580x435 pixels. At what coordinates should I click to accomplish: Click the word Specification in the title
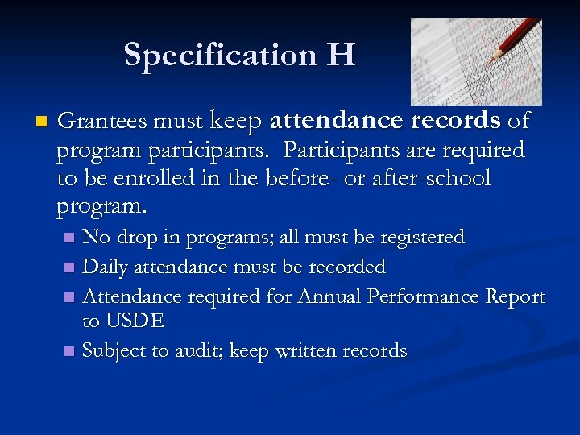pyautogui.click(x=220, y=56)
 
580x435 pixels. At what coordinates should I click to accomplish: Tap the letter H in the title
pyautogui.click(x=341, y=56)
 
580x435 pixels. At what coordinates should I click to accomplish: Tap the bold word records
pyautogui.click(x=456, y=122)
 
